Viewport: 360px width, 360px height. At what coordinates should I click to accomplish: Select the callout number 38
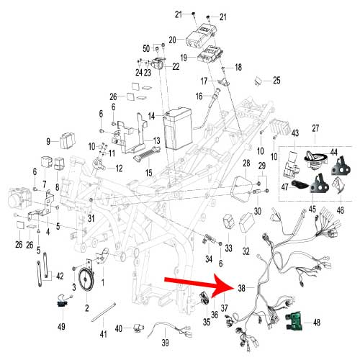coord(242,288)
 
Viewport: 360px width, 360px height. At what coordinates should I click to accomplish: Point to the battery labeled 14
coord(178,129)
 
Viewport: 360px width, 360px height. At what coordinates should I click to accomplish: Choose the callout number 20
coord(172,40)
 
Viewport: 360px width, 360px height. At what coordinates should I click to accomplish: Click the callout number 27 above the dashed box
coord(315,128)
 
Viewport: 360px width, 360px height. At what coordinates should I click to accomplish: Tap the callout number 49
coord(61,326)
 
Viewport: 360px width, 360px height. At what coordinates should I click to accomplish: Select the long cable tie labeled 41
coord(104,312)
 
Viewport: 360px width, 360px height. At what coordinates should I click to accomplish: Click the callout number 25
coord(276,81)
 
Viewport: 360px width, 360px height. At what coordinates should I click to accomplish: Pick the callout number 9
coord(48,142)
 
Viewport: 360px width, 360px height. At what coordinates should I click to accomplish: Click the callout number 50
coord(146,48)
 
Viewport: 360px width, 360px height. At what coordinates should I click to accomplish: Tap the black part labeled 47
coord(300,184)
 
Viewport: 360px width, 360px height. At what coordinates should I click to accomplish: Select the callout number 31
coord(91,218)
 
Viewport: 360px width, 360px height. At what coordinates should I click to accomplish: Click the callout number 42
coord(60,276)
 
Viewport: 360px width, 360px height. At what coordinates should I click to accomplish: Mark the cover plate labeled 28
coord(241,189)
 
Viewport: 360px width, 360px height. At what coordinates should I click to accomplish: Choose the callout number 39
coord(165,343)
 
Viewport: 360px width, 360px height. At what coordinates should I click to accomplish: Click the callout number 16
coord(199,96)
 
